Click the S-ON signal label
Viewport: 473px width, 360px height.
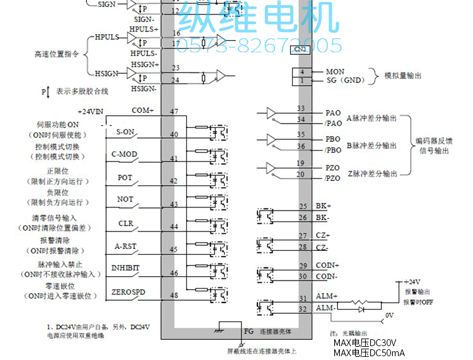(124, 132)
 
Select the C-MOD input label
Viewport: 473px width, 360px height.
(124, 154)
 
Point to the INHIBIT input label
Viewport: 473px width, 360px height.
(126, 268)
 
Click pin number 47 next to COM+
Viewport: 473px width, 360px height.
(175, 112)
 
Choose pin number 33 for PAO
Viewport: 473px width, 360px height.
(301, 109)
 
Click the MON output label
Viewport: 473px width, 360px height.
(335, 72)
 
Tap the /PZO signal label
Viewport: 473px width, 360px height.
(332, 179)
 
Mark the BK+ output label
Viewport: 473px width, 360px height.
(322, 206)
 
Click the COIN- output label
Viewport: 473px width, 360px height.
(327, 276)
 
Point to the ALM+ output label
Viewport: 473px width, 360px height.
(326, 296)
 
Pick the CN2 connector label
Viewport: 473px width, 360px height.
(300, 49)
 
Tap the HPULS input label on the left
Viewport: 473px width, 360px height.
(107, 37)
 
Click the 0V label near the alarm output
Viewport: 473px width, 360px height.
(389, 315)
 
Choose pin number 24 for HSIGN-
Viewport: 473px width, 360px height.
(175, 80)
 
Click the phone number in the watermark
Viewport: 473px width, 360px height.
(259, 45)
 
